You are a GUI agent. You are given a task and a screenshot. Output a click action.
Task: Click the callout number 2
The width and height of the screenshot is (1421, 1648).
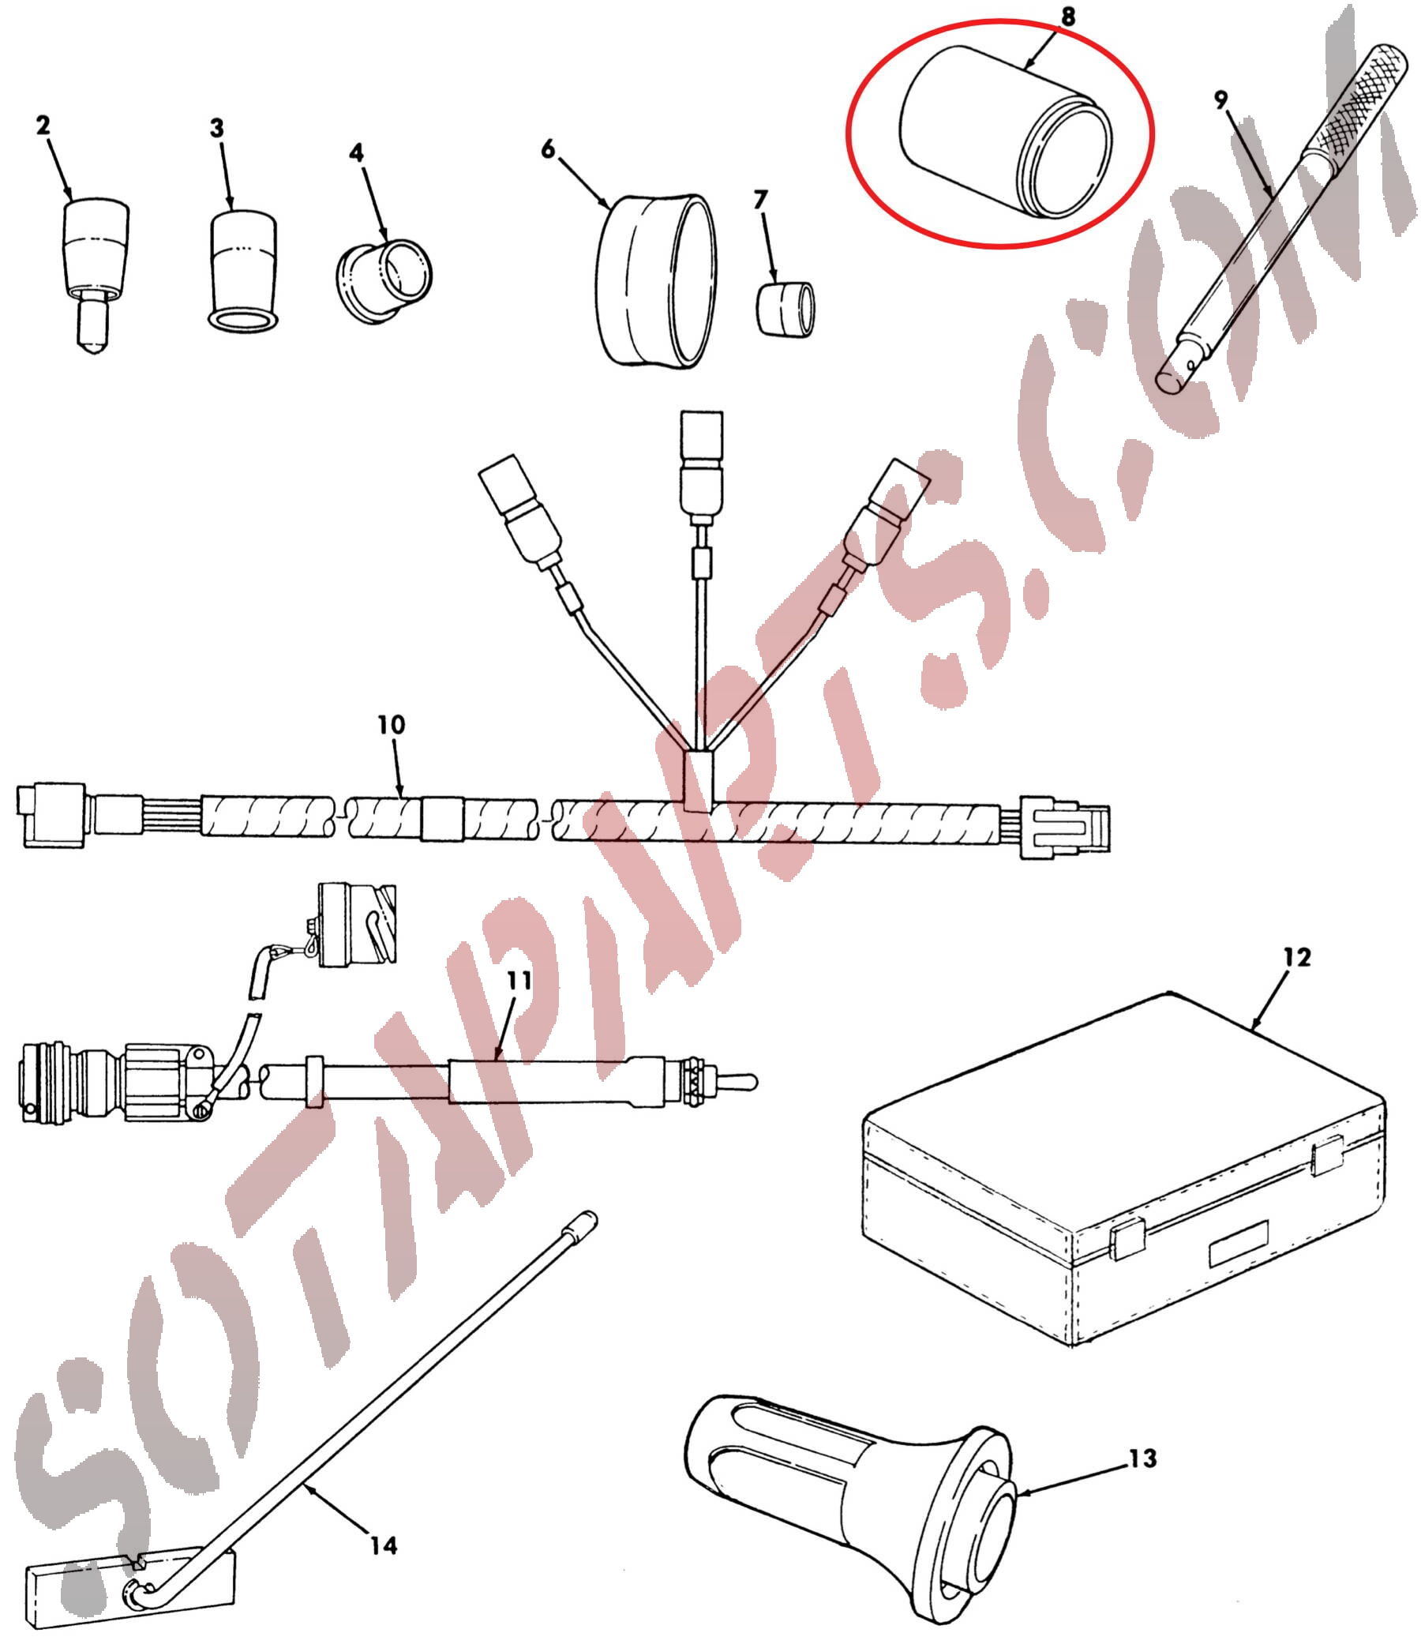43,124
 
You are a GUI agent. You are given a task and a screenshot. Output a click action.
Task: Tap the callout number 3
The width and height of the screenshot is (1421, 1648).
216,128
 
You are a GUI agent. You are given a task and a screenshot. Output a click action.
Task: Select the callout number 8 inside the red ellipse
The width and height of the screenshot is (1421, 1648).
1067,16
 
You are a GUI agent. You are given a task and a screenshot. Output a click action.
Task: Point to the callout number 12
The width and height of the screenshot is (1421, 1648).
1296,957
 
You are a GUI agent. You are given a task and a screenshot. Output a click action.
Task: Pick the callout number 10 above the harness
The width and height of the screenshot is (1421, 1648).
392,725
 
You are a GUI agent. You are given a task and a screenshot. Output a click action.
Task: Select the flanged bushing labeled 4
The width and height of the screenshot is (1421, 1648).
384,283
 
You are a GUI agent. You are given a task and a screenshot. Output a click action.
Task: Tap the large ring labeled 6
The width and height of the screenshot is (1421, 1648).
657,280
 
